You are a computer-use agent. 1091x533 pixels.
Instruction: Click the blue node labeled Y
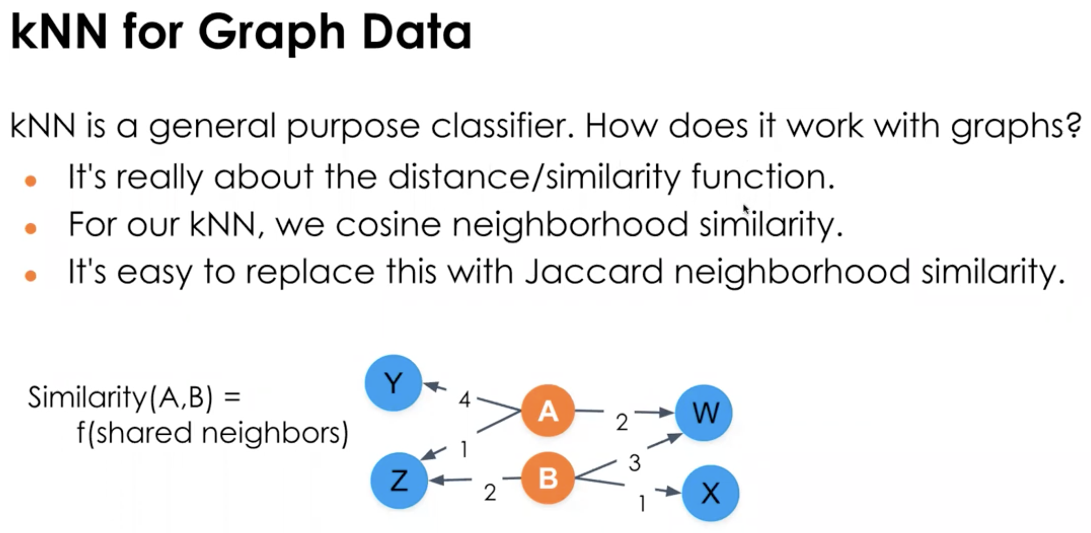pyautogui.click(x=393, y=383)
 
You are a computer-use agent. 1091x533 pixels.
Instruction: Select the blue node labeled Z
pyautogui.click(x=399, y=481)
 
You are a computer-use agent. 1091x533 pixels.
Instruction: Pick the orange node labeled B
pyautogui.click(x=548, y=478)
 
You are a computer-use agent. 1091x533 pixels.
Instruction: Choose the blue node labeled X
pyautogui.click(x=710, y=493)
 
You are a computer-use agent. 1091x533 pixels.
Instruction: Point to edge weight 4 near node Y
pyautogui.click(x=465, y=400)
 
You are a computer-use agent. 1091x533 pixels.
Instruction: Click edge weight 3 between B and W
pyautogui.click(x=634, y=463)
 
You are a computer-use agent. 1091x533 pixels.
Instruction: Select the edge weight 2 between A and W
pyautogui.click(x=622, y=423)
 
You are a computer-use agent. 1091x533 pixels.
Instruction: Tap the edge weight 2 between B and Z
pyautogui.click(x=490, y=492)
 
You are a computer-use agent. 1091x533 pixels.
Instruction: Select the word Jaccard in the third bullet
pyautogui.click(x=593, y=272)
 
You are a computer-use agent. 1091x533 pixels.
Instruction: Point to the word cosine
pyautogui.click(x=388, y=224)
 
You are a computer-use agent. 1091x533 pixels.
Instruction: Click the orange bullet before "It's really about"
pyautogui.click(x=31, y=181)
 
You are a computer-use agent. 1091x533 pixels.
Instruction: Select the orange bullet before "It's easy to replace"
pyautogui.click(x=31, y=276)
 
